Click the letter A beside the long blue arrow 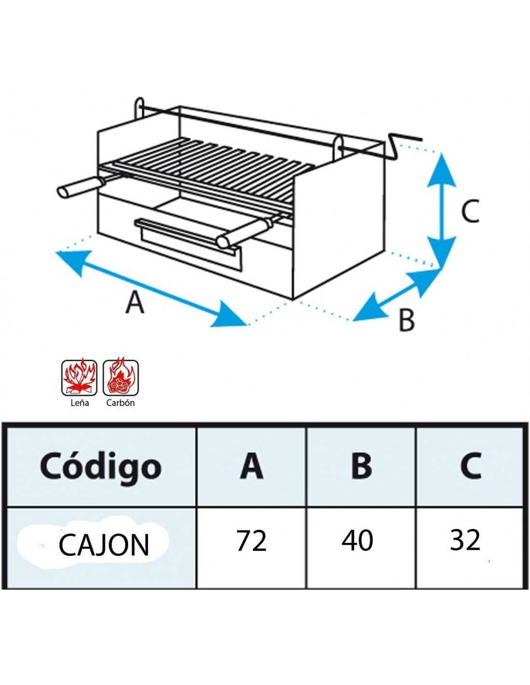(135, 303)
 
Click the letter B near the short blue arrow (407, 320)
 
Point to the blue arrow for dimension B (398, 295)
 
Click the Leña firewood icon (79, 377)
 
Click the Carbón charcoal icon (120, 377)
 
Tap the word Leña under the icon (79, 403)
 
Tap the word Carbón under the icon (120, 403)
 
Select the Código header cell (101, 466)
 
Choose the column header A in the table (252, 465)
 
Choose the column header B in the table (361, 465)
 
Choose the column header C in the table (470, 465)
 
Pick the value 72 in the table (252, 540)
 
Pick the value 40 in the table (357, 540)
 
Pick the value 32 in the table (465, 540)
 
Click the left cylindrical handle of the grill (77, 187)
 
